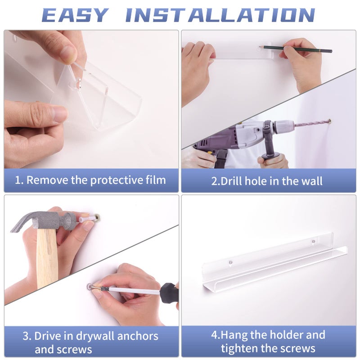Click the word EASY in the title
point(75,15)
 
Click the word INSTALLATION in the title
point(220,15)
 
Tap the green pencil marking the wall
point(296,49)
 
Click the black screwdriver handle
point(169,293)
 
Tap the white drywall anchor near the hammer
point(88,218)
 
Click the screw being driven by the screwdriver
point(95,287)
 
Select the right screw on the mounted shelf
point(313,241)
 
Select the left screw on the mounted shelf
point(231,262)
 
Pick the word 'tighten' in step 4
point(239,348)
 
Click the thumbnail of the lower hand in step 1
point(60,113)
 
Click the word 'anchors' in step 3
point(138,336)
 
